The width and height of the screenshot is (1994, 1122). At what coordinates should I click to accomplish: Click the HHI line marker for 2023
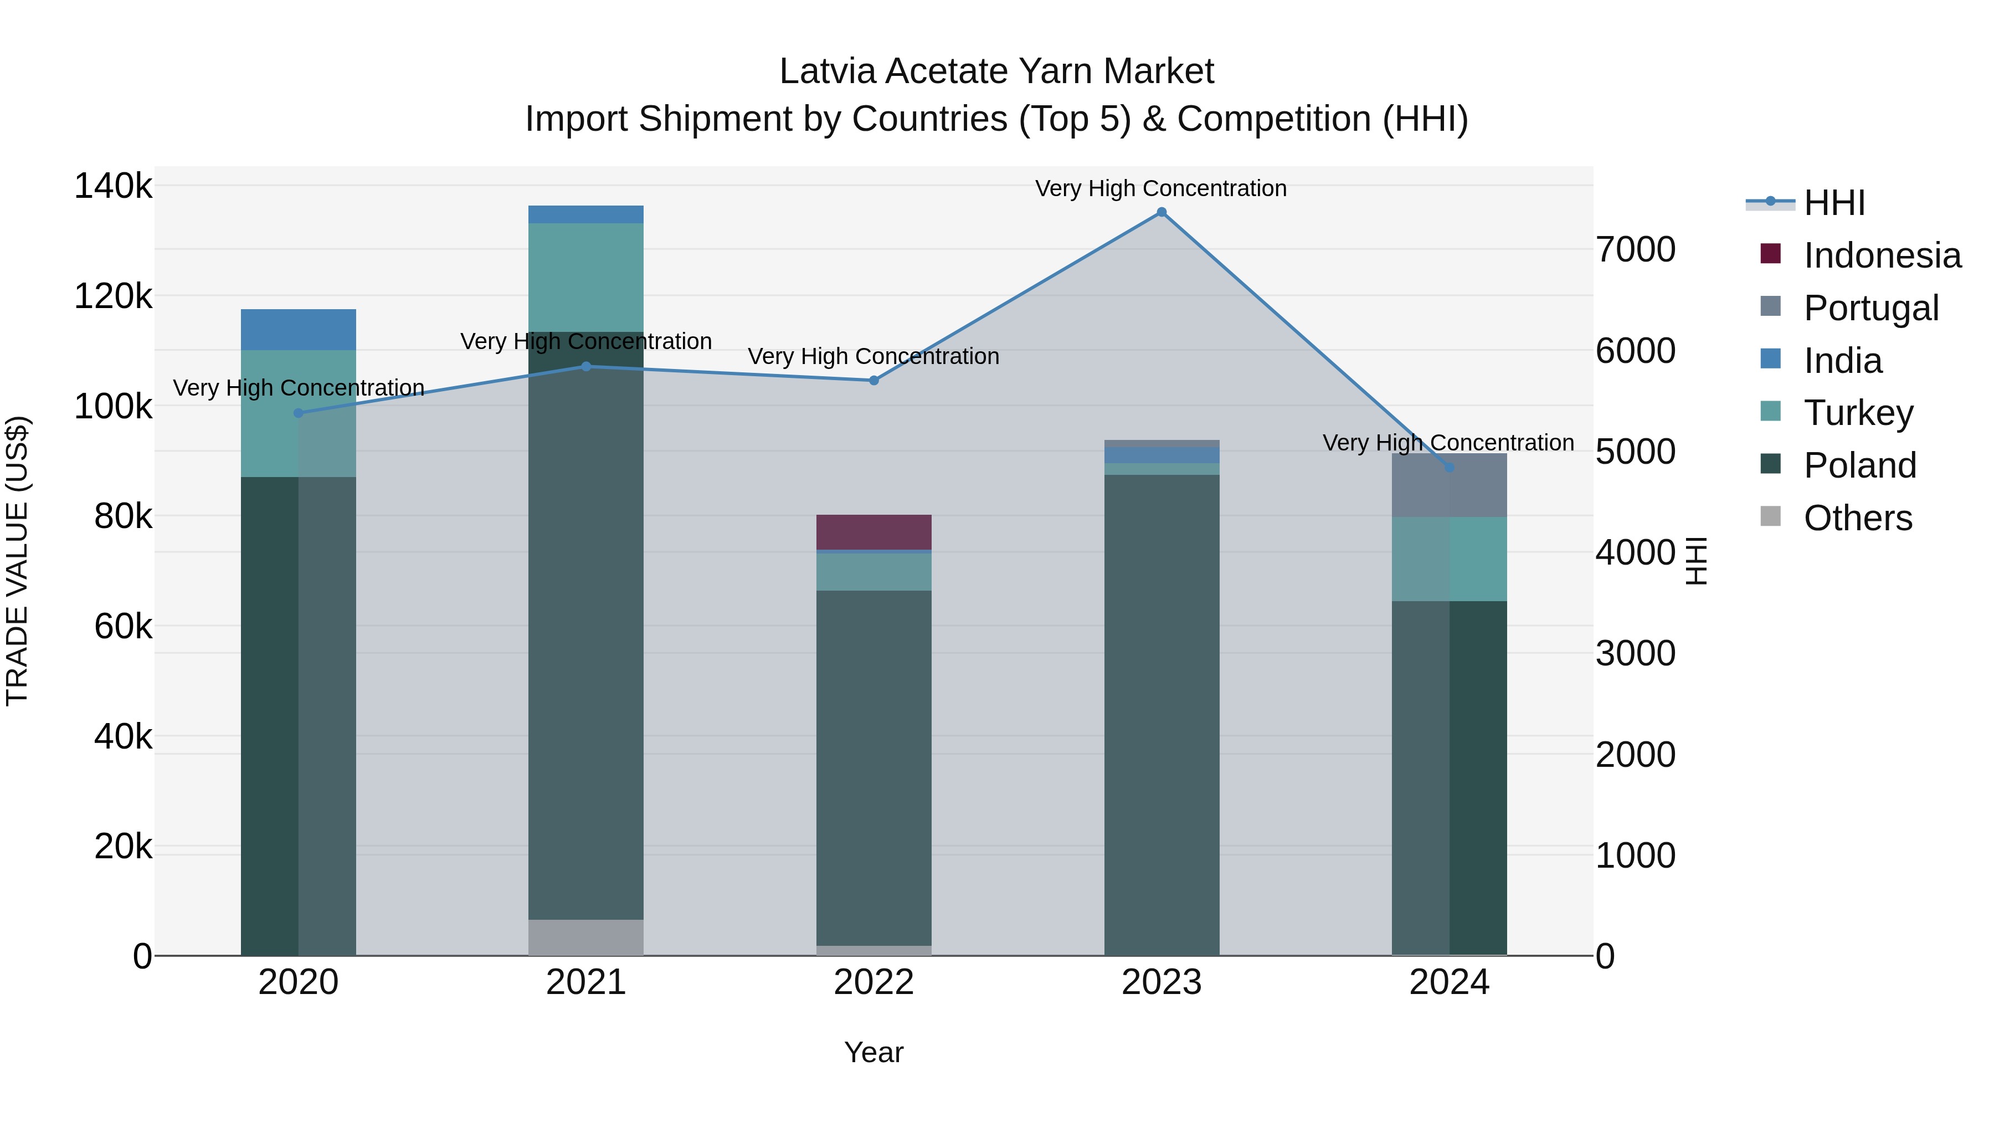1161,212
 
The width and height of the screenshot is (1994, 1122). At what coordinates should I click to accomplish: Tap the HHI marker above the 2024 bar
1449,468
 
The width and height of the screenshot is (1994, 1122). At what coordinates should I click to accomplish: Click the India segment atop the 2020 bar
298,329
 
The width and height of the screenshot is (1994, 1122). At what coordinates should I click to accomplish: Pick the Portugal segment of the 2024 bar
1449,485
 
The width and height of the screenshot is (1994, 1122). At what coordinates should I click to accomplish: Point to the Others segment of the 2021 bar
586,937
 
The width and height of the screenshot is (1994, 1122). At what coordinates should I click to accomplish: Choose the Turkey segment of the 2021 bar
586,277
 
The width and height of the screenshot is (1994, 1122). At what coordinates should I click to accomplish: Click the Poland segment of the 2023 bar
1161,713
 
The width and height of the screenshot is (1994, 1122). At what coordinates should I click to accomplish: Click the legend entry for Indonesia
1881,255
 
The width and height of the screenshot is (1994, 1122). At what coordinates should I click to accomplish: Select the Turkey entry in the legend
1858,413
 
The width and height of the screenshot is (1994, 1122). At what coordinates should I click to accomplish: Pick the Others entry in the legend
1857,518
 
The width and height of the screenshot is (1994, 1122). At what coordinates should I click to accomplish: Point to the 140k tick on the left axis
113,187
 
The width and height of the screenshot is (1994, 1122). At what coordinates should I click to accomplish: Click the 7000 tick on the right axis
1635,249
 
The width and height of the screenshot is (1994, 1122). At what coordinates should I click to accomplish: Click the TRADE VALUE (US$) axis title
17,561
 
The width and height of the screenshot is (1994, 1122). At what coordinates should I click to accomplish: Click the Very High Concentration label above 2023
1160,188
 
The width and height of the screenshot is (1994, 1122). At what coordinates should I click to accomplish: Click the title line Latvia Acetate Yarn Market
996,71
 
